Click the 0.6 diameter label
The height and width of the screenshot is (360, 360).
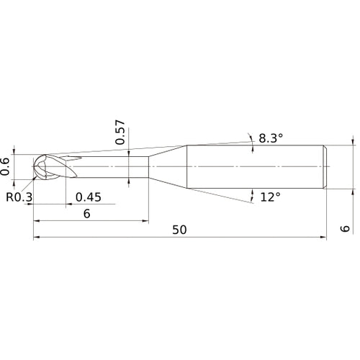click(x=6, y=166)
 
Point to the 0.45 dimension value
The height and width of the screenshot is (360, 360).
click(x=88, y=197)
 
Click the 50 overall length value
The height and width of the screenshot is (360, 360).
click(x=180, y=230)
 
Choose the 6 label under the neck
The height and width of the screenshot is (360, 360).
click(x=87, y=214)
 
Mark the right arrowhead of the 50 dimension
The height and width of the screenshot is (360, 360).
click(x=323, y=238)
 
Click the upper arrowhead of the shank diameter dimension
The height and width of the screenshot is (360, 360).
click(x=353, y=142)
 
